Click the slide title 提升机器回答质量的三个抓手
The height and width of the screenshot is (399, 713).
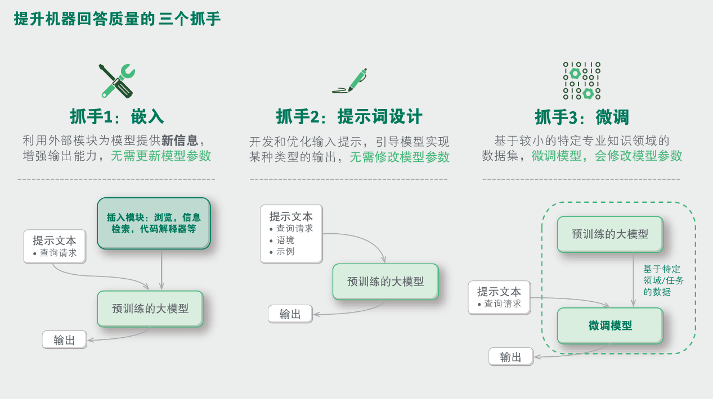tap(118, 19)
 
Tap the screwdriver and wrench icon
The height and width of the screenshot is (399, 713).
tap(117, 80)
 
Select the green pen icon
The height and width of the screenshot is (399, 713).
tap(350, 81)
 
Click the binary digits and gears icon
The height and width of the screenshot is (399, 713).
tap(582, 80)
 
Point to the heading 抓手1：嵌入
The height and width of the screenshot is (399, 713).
tap(117, 116)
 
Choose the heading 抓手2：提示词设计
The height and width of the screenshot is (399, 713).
tap(349, 116)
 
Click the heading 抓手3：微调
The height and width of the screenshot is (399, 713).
tap(582, 117)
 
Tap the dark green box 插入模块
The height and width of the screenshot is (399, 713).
tap(154, 223)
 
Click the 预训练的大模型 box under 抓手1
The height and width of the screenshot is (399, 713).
tap(150, 309)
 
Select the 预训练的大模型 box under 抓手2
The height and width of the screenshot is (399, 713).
tap(385, 282)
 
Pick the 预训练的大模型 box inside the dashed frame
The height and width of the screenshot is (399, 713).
tap(610, 234)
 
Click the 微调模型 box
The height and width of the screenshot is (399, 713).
tap(610, 326)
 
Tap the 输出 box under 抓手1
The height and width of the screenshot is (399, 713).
tap(65, 339)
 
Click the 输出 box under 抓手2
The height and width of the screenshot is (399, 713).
tap(290, 314)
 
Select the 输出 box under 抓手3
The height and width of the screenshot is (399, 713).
tap(511, 357)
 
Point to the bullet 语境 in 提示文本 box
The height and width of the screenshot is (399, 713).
tap(285, 240)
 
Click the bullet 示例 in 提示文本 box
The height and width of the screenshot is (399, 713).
tap(285, 251)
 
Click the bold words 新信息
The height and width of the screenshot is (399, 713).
tap(180, 140)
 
